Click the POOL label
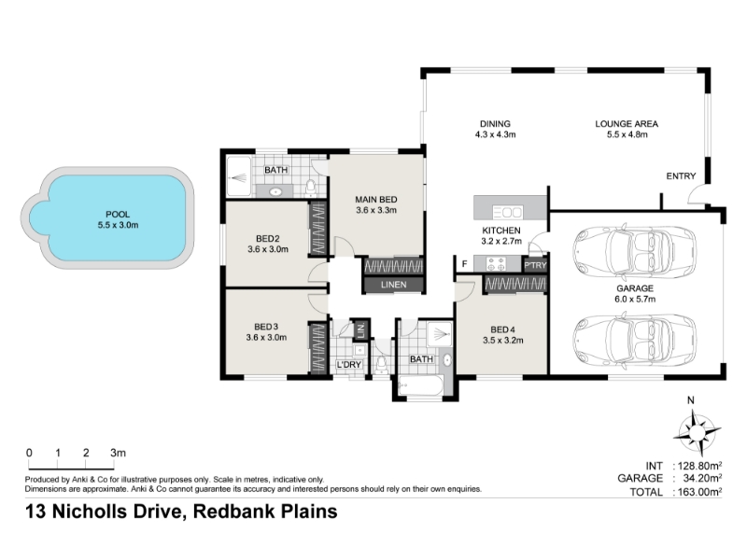(x=118, y=215)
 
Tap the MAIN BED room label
(x=376, y=200)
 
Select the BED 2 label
(x=268, y=239)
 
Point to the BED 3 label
(x=266, y=327)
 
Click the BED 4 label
(x=502, y=329)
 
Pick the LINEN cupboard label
(x=393, y=285)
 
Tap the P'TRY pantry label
(x=535, y=265)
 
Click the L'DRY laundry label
(x=349, y=365)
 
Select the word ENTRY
(x=681, y=176)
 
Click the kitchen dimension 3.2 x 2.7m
(x=501, y=241)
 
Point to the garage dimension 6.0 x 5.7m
(x=635, y=299)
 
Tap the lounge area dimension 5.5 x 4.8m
(x=627, y=134)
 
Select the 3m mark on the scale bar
(x=118, y=453)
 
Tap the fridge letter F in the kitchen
(x=464, y=264)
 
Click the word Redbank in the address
(x=234, y=511)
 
